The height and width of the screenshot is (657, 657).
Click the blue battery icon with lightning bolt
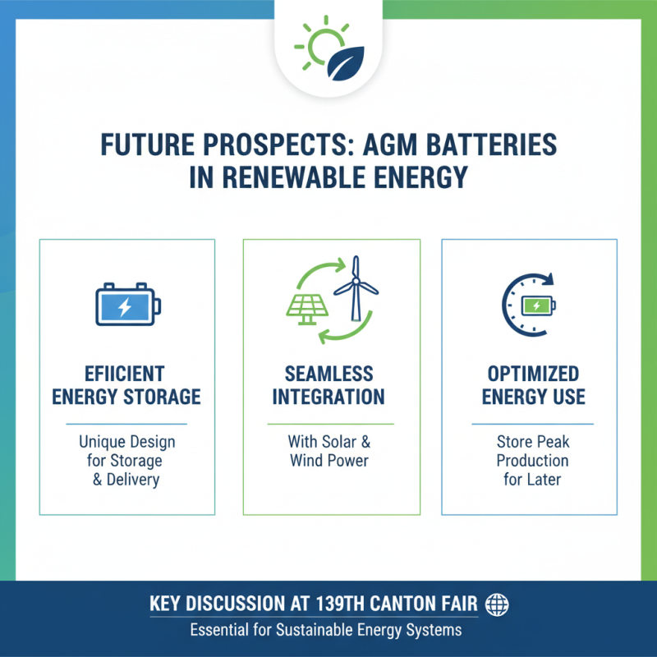pyautogui.click(x=126, y=306)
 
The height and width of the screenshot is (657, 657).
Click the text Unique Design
pyautogui.click(x=126, y=442)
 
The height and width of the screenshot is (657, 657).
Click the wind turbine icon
pyautogui.click(x=356, y=287)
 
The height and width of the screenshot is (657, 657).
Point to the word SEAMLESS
pyautogui.click(x=328, y=374)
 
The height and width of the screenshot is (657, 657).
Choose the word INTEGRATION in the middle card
pyautogui.click(x=328, y=397)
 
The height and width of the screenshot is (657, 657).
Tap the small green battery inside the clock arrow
pyautogui.click(x=537, y=306)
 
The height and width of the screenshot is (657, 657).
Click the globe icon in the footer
pyautogui.click(x=497, y=605)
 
